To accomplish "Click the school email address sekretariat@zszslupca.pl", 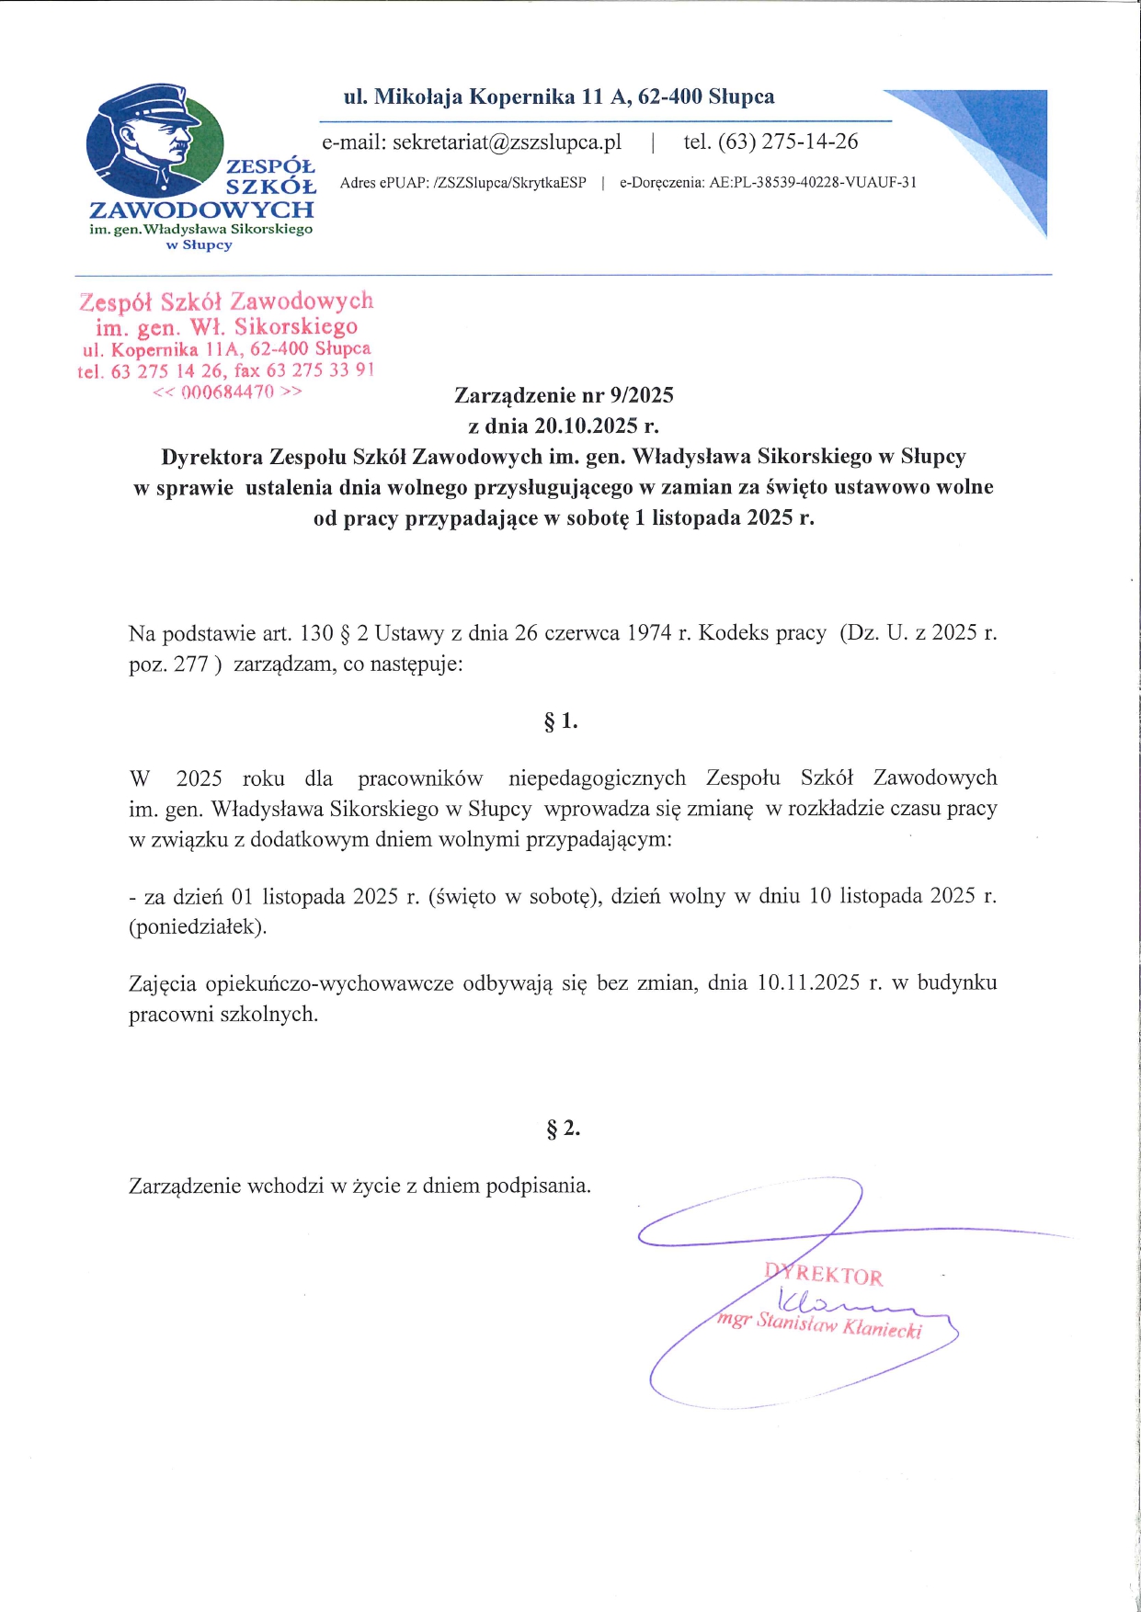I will pyautogui.click(x=507, y=142).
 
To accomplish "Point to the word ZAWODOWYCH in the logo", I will pyautogui.click(x=201, y=210).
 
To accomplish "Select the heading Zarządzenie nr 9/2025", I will pyautogui.click(x=564, y=395).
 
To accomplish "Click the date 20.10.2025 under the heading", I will pyautogui.click(x=586, y=426).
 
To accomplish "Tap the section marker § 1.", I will pyautogui.click(x=561, y=721).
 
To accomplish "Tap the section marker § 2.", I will pyautogui.click(x=563, y=1129).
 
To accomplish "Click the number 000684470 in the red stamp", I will pyautogui.click(x=228, y=392).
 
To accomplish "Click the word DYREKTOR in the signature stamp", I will pyautogui.click(x=824, y=1275).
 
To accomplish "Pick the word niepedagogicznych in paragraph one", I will pyautogui.click(x=597, y=778).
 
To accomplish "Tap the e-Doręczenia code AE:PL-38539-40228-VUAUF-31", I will pyautogui.click(x=813, y=182).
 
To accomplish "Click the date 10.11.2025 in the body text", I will pyautogui.click(x=808, y=982).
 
